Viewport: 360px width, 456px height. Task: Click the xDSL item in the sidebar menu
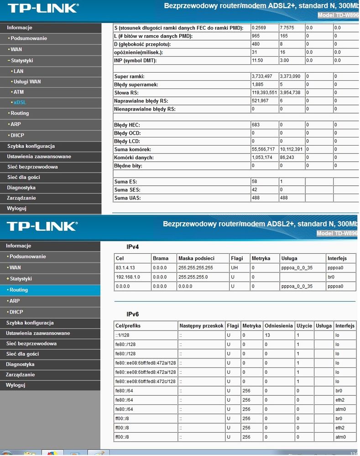click(x=20, y=102)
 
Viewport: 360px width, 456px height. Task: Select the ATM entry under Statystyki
click(x=18, y=92)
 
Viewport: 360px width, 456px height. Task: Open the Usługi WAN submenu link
click(x=27, y=81)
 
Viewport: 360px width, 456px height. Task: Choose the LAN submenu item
click(x=18, y=71)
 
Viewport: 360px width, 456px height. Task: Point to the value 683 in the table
click(x=256, y=125)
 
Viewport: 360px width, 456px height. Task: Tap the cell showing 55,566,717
click(x=263, y=149)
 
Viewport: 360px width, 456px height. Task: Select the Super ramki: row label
click(x=129, y=76)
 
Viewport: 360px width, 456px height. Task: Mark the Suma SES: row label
click(x=127, y=190)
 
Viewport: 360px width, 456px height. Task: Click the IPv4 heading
click(x=132, y=247)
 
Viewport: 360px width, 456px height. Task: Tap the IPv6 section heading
click(x=132, y=314)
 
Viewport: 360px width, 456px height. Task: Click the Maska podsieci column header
click(x=196, y=258)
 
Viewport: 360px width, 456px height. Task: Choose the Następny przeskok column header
click(x=201, y=325)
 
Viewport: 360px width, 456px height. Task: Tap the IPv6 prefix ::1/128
click(x=123, y=335)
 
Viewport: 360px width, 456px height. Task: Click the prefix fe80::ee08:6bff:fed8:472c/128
click(x=146, y=381)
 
